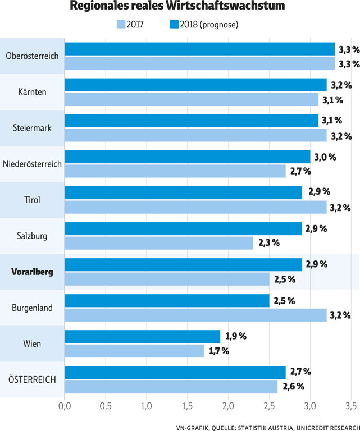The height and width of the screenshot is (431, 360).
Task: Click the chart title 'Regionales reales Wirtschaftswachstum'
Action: click(177, 7)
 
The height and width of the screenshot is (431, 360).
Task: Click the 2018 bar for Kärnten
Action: click(195, 85)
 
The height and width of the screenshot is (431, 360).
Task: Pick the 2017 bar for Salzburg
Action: click(159, 243)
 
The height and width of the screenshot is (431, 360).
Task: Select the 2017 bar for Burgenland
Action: click(195, 315)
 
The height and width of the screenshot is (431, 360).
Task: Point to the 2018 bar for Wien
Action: click(143, 336)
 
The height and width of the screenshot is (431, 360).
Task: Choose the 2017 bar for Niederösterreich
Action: click(175, 171)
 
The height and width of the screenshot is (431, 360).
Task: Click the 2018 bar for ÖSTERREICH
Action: click(175, 372)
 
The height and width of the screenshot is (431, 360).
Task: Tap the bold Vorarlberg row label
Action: click(32, 272)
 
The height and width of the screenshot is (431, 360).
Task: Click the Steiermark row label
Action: click(32, 128)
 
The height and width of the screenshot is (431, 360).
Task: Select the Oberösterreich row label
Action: click(32, 56)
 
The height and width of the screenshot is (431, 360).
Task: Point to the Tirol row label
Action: click(32, 200)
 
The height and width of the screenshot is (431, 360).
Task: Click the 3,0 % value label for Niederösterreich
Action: click(325, 157)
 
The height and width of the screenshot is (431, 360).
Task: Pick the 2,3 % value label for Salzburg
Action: click(268, 243)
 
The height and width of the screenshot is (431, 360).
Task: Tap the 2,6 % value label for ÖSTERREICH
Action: click(293, 387)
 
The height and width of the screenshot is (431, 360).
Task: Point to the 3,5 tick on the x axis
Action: click(351, 405)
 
